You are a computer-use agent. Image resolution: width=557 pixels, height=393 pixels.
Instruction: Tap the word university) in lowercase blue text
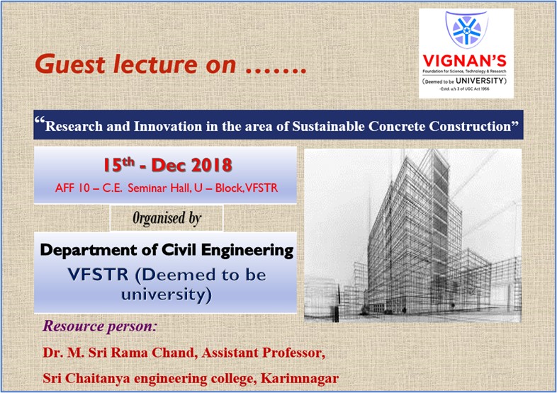click(165, 294)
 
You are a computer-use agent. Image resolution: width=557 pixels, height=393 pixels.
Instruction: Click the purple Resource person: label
click(100, 327)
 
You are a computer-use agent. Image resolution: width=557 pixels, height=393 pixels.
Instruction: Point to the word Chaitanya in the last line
click(100, 378)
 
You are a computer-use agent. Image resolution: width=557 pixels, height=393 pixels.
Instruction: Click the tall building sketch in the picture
click(415, 234)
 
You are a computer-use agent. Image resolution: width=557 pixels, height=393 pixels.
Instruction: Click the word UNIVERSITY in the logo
click(483, 81)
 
